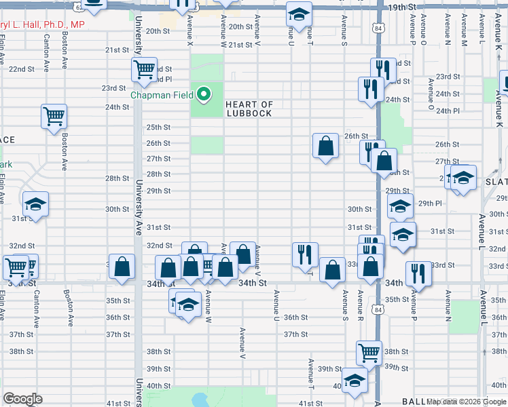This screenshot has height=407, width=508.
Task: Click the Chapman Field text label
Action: coord(162,95)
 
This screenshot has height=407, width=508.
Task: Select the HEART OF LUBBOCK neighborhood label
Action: coord(249,109)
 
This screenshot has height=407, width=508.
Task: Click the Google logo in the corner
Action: coord(22,399)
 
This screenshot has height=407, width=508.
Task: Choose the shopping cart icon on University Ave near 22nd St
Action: coord(144,69)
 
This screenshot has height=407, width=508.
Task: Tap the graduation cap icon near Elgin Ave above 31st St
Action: coord(35,203)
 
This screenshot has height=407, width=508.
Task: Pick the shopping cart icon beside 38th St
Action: coord(369,351)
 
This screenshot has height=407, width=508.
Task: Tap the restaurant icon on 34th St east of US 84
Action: coord(416,273)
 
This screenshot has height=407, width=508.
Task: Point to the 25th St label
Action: coord(158,127)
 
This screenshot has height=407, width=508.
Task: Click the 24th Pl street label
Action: coord(448,111)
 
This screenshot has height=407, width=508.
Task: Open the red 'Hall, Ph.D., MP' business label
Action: coord(41,24)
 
